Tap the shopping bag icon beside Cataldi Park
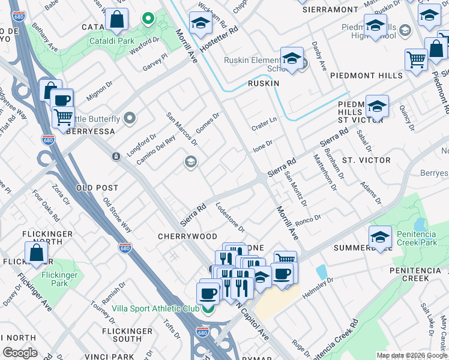tap(116, 20)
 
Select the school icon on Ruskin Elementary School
tap(292, 58)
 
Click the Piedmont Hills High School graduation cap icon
tap(375, 26)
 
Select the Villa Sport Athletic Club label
tap(155, 309)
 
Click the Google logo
tap(20, 353)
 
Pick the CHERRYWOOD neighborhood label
tap(187, 236)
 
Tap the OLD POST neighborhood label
tap(97, 188)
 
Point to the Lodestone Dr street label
tap(230, 217)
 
